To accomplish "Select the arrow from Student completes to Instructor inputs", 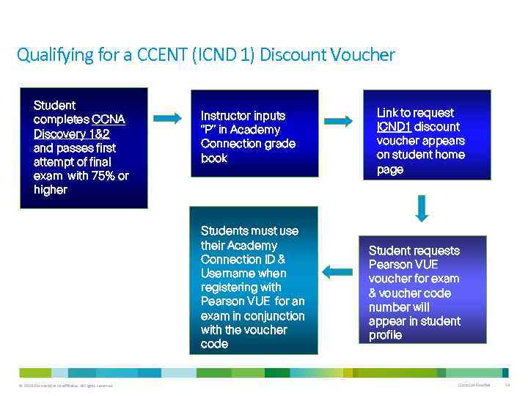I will tap(166, 118).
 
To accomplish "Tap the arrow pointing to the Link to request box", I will tap(338, 121).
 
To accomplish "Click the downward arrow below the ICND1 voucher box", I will tap(421, 208).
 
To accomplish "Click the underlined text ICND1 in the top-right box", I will tap(394, 127).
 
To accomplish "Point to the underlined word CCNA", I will tap(109, 120).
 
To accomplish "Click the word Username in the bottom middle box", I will tap(230, 274).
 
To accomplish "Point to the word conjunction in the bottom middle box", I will tap(274, 316).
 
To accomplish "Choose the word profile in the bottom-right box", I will tap(385, 335).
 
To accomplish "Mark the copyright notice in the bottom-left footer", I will tap(62, 386).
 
